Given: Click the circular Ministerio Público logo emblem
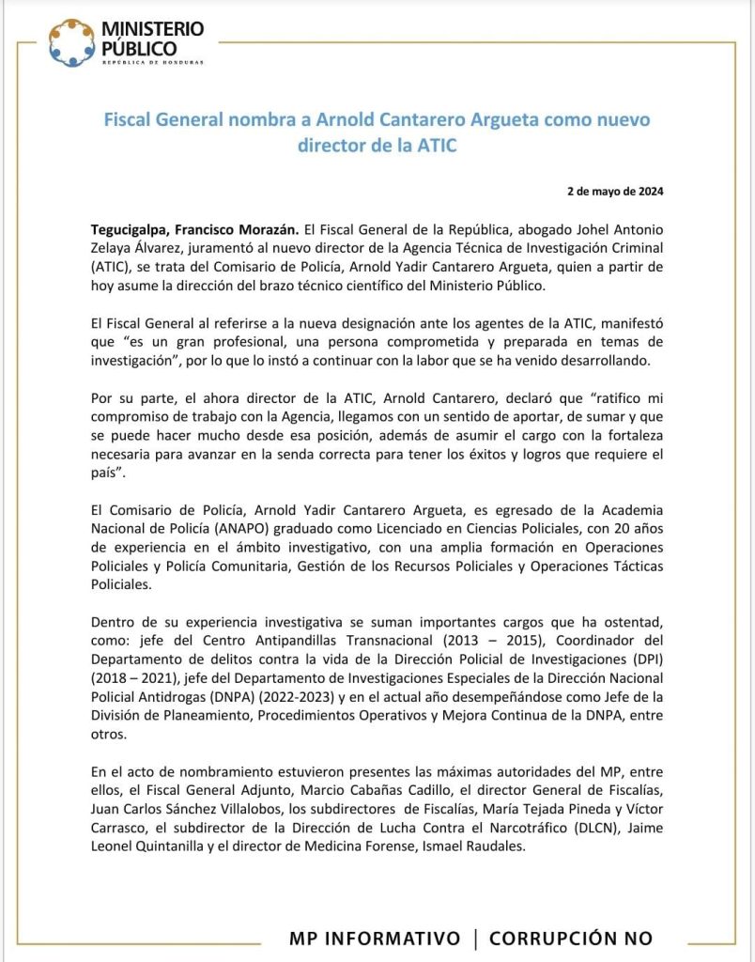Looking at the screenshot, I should [x=71, y=42].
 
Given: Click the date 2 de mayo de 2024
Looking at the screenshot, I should [x=615, y=191].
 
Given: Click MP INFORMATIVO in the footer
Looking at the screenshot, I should [x=375, y=939].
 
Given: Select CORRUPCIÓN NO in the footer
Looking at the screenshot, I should [x=570, y=939].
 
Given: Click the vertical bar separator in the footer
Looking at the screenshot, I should [x=475, y=939].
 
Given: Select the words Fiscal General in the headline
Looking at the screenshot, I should [x=162, y=121].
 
